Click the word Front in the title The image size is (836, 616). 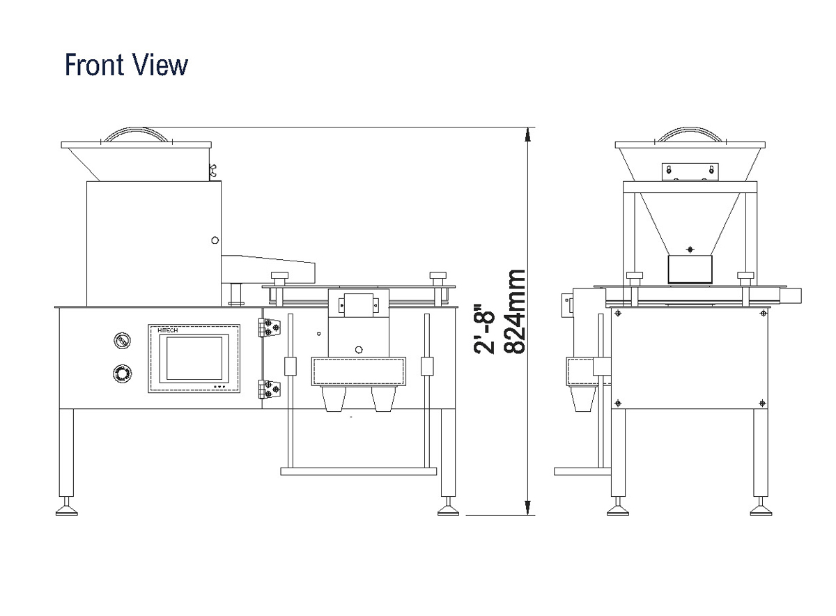coord(99,65)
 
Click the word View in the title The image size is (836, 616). coord(164,65)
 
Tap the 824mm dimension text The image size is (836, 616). coord(514,312)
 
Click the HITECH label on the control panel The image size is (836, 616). coord(168,330)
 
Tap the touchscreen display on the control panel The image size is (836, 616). coord(194,358)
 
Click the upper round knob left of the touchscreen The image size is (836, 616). coord(122,341)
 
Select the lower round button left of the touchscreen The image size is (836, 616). coord(122,374)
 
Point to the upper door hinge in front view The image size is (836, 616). coord(270,328)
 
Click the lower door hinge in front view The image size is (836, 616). coord(270,390)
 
